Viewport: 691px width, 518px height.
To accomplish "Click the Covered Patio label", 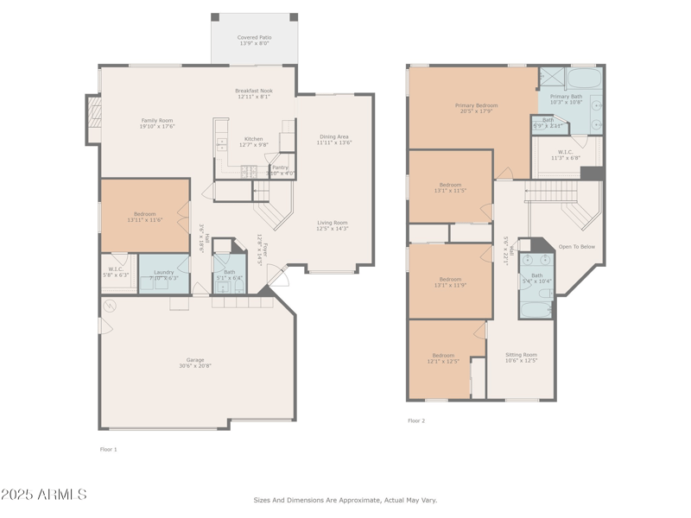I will tap(254, 37).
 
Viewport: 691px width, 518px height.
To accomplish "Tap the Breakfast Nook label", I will tap(253, 91).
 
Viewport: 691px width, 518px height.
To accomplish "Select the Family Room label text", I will tap(157, 121).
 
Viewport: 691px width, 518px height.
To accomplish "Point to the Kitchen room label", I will tap(253, 139).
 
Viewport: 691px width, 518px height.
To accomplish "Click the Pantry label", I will tap(280, 167).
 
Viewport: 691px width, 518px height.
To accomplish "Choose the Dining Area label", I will tap(334, 136).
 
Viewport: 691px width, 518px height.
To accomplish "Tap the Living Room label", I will tap(332, 223).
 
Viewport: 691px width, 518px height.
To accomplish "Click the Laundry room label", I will tap(163, 272).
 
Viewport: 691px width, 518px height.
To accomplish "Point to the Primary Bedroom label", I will tap(477, 105).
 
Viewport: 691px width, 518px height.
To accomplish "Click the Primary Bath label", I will tap(567, 97).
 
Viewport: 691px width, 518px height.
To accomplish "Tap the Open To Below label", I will tap(576, 246).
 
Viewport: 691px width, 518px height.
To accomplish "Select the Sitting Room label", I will tap(521, 355).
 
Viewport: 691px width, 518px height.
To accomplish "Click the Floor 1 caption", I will tap(108, 449).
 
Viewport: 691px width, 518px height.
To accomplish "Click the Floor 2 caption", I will tap(416, 420).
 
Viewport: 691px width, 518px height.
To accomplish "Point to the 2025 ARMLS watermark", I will tap(43, 495).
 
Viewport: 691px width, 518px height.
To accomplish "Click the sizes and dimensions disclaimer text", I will tap(345, 500).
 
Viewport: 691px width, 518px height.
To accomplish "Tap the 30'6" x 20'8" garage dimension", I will tap(195, 366).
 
